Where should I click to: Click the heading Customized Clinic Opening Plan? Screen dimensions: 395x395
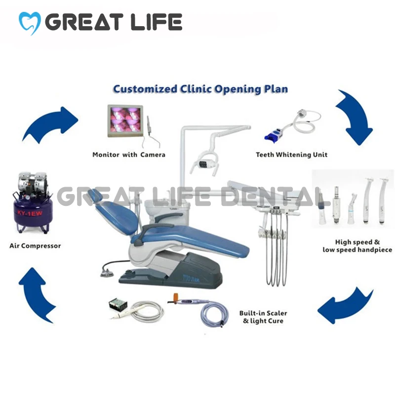coord(200,89)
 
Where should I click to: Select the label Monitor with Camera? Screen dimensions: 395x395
coord(129,155)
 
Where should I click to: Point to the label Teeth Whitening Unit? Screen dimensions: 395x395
coord(291,155)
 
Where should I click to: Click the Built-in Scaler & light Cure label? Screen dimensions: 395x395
coord(263,317)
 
